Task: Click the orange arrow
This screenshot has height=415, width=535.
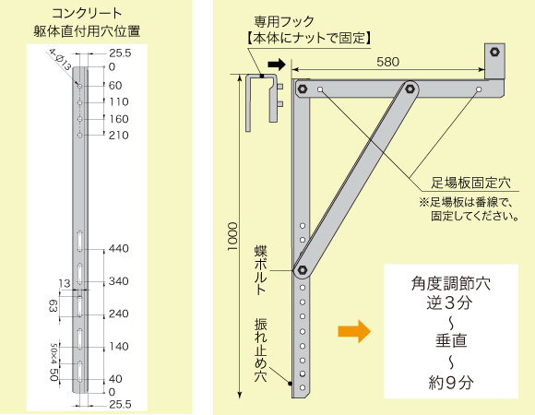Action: click(354, 331)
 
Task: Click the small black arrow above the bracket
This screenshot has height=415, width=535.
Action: click(277, 65)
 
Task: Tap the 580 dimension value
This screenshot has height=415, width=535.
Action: click(388, 62)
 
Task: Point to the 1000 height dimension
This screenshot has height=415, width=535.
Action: click(232, 236)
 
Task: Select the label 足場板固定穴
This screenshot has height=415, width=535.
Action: click(470, 184)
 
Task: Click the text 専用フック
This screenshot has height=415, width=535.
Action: click(284, 22)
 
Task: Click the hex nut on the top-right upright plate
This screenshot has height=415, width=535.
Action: click(494, 53)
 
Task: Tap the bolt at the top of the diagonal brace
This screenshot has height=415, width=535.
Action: click(410, 89)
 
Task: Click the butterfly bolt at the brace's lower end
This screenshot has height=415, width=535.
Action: click(303, 270)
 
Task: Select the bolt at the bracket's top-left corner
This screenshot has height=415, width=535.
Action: click(303, 89)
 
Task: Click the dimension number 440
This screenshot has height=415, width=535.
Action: click(119, 248)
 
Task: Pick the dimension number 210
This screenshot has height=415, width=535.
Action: click(119, 135)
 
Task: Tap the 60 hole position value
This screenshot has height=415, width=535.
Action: click(115, 85)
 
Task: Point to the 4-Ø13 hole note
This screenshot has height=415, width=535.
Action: click(60, 59)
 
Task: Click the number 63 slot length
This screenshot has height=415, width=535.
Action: click(53, 306)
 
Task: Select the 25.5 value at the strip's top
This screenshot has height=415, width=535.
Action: click(120, 53)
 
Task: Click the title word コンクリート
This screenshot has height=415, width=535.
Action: click(87, 14)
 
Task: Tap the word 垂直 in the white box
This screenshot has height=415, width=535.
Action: click(451, 340)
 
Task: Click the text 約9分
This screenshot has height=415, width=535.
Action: click(451, 383)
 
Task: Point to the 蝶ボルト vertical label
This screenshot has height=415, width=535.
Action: click(261, 269)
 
